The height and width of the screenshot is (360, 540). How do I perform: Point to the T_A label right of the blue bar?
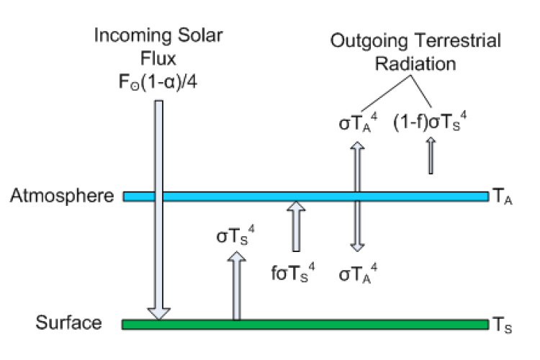click(501, 196)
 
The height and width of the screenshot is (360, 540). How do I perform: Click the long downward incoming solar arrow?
click(158, 216)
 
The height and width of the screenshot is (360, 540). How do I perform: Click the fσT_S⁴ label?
click(294, 274)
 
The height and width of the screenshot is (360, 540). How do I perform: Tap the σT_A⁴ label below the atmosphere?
click(357, 274)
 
